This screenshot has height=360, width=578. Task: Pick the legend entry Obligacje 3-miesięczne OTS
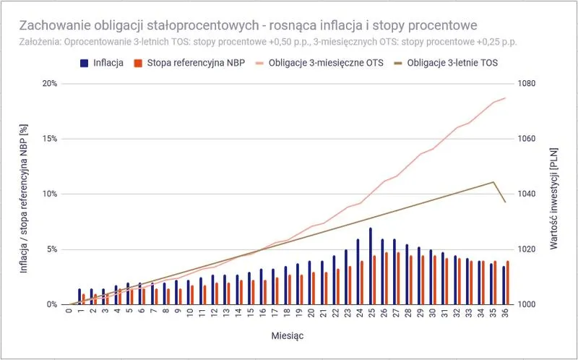[x=319, y=63]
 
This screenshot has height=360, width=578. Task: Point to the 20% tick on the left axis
[x=48, y=83]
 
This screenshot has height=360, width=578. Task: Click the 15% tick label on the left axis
[x=48, y=139]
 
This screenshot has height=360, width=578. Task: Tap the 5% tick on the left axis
[x=51, y=249]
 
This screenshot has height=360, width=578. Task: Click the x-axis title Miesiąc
[x=288, y=335]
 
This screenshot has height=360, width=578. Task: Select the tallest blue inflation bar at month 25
[x=371, y=266]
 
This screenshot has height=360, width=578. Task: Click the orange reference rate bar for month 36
[x=508, y=283]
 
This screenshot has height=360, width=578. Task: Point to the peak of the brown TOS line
[x=493, y=182]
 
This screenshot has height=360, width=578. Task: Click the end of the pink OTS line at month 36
[x=505, y=98]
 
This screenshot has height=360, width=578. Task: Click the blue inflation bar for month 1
[x=80, y=296]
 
